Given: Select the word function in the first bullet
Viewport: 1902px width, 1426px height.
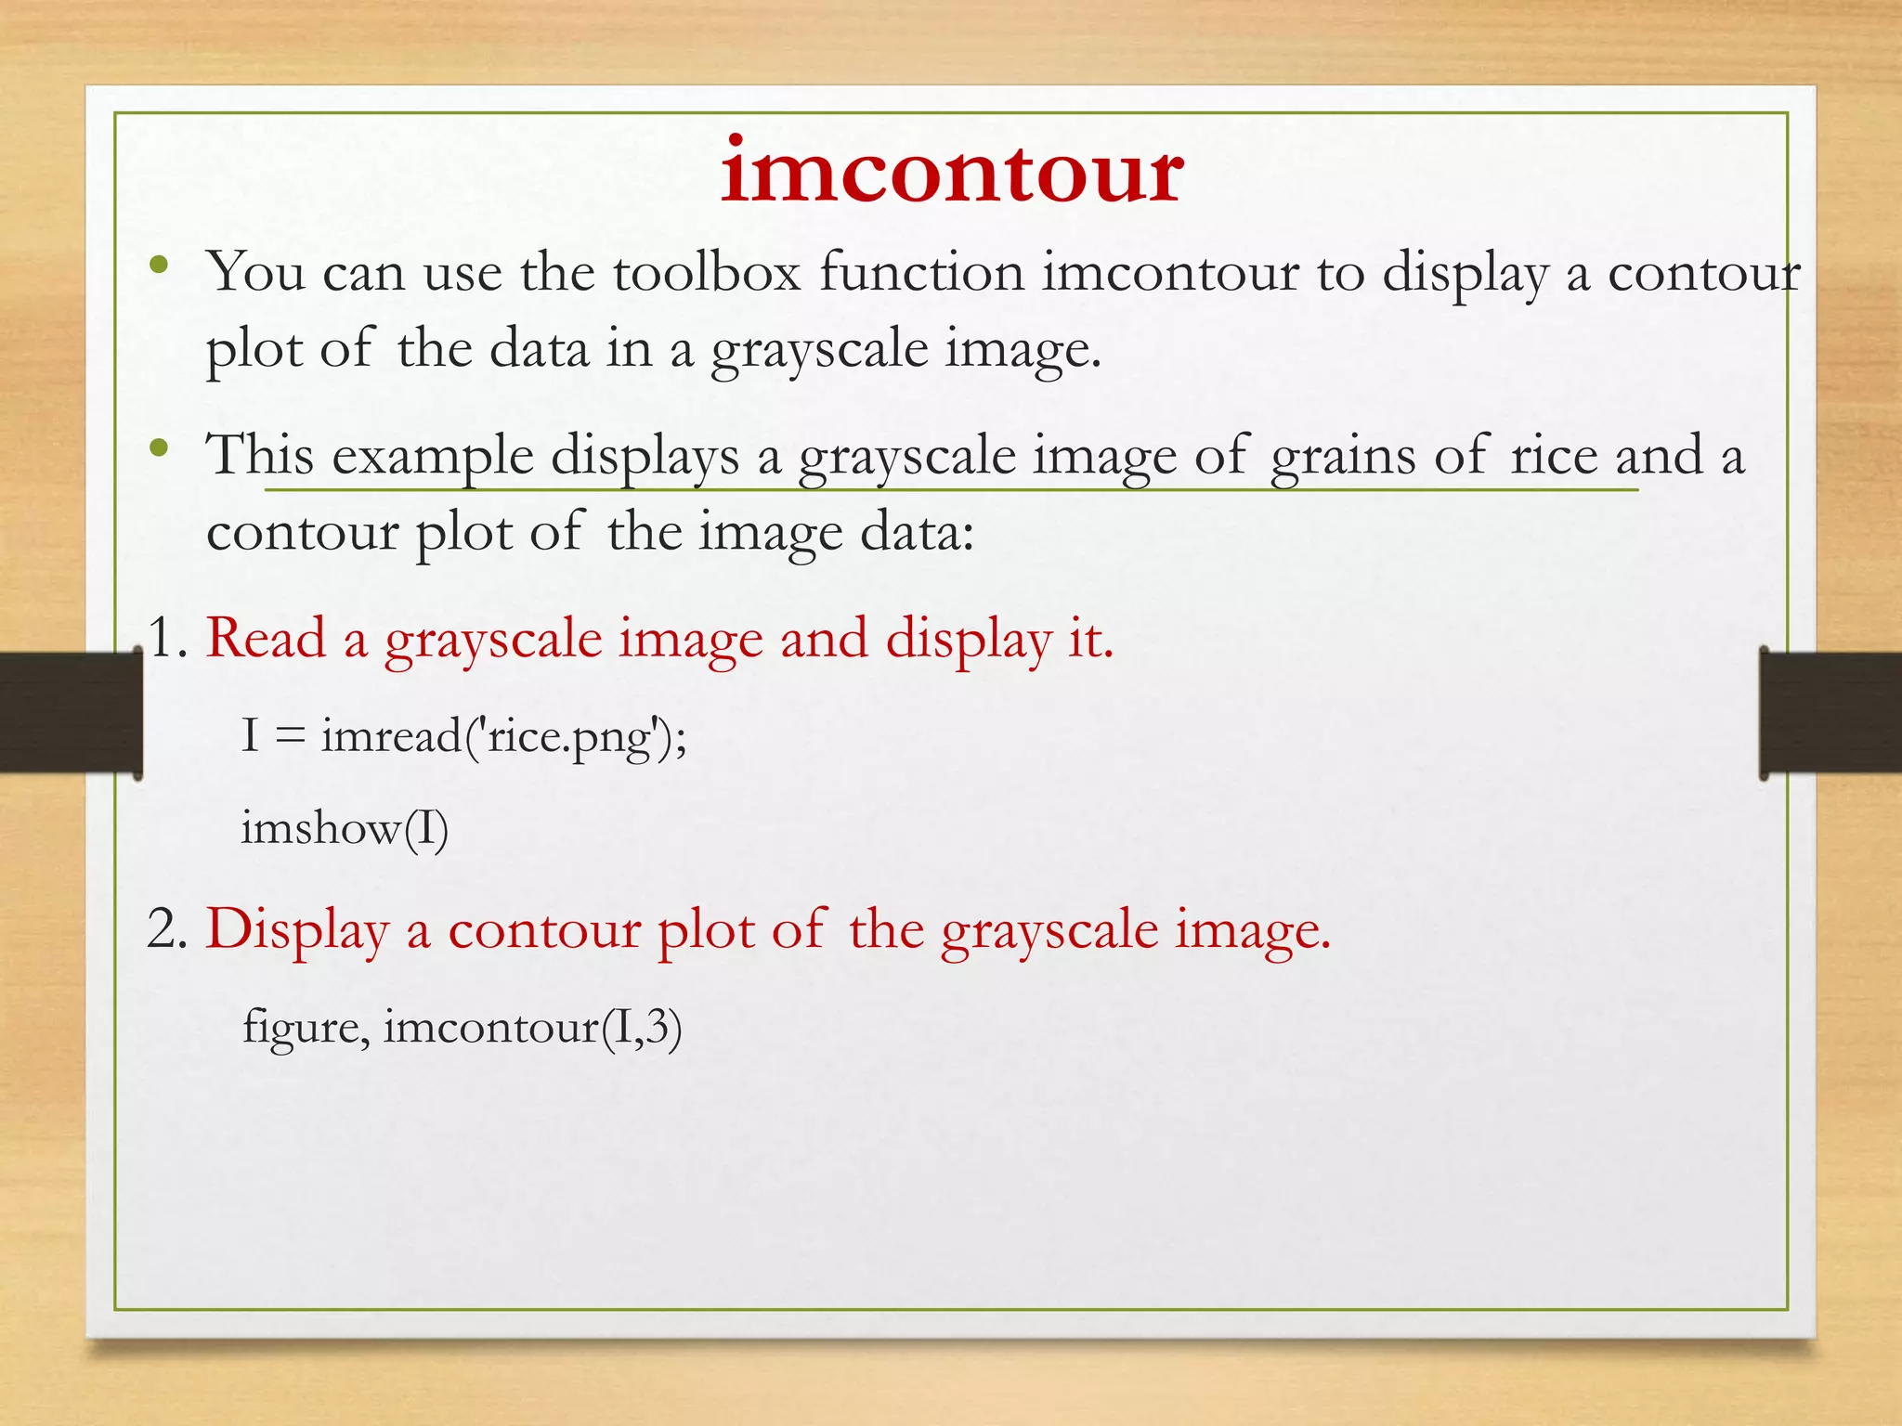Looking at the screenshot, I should [921, 272].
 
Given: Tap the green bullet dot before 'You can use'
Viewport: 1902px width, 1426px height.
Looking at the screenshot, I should [159, 266].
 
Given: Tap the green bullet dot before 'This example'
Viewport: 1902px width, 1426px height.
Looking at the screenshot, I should [159, 449].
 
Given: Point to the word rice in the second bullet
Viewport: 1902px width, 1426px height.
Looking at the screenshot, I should [1553, 455].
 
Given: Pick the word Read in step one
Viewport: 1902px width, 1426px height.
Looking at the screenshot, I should [267, 639].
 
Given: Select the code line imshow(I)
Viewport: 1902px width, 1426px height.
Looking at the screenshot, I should [345, 828].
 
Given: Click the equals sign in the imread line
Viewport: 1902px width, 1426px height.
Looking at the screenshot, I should [290, 737].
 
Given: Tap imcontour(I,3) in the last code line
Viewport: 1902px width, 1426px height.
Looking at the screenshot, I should [532, 1027].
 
